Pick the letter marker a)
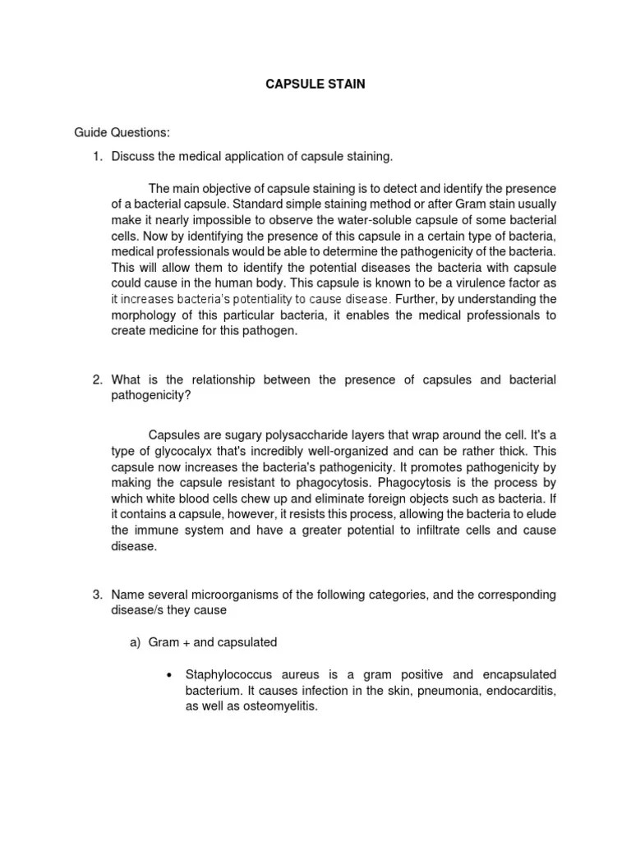136,641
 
